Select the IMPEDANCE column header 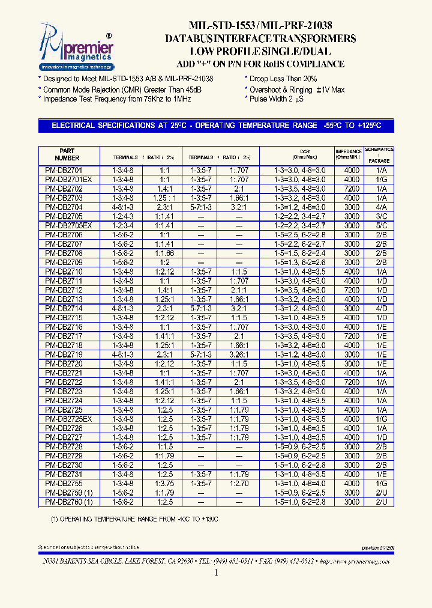pyautogui.click(x=349, y=154)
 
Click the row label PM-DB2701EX pyautogui.click(x=68, y=180)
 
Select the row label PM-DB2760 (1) pyautogui.click(x=68, y=502)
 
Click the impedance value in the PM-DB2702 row pyautogui.click(x=352, y=189)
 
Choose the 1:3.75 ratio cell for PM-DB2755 pyautogui.click(x=165, y=483)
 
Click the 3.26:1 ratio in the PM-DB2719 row pyautogui.click(x=238, y=354)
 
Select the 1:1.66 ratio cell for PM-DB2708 pyautogui.click(x=165, y=253)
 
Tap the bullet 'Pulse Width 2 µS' pyautogui.click(x=277, y=99)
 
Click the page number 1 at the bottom pyautogui.click(x=216, y=573)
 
